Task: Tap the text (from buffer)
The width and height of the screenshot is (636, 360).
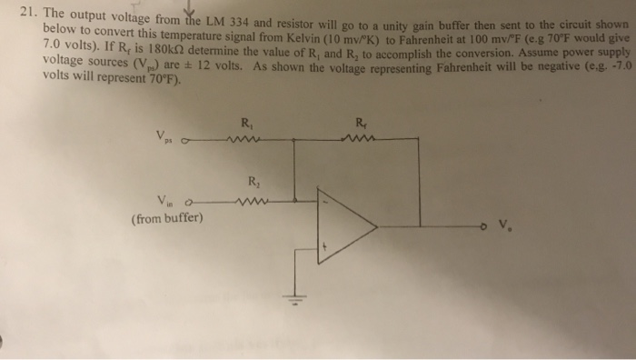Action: (167, 219)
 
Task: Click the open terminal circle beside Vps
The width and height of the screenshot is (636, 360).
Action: (187, 141)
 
